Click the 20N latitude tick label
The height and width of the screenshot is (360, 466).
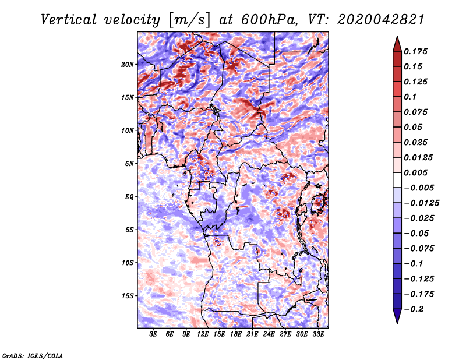128,65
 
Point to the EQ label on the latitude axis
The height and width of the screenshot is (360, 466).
129,197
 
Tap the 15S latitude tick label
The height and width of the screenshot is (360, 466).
128,296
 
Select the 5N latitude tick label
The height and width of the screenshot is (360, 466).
129,164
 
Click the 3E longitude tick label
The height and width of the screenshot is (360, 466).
153,334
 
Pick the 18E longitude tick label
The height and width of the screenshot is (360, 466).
236,334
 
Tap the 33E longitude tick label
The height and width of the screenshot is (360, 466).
318,334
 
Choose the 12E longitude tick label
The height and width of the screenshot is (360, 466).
203,334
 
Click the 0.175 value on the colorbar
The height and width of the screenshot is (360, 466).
415,51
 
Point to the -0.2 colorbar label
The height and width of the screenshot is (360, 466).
413,309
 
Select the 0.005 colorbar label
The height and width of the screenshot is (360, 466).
415,172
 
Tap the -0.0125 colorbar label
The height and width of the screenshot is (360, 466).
421,203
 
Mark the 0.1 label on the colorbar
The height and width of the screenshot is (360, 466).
410,97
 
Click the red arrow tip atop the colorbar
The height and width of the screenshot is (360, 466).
397,37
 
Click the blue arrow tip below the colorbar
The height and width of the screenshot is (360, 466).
397,323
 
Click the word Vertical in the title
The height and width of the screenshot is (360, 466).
69,20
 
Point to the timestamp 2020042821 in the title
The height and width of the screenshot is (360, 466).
381,20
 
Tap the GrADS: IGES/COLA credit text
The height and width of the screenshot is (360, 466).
33,356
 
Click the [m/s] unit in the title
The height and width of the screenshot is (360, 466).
189,20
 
